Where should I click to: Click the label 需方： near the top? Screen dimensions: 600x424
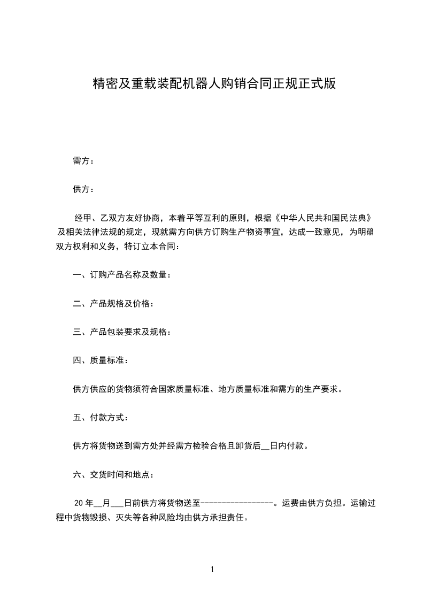pos(83,161)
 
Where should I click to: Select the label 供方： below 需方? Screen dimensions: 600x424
pos(83,189)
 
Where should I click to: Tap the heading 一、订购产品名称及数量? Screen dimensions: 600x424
pos(122,275)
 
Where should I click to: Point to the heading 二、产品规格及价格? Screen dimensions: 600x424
pos(113,304)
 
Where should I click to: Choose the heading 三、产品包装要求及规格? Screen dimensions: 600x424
pos(122,332)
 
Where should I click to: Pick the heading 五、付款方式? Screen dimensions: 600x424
pos(101,417)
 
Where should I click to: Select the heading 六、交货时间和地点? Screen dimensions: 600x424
pos(113,474)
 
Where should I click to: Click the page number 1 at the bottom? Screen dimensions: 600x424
pos(212,570)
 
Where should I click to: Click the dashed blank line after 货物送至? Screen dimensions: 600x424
pos(236,503)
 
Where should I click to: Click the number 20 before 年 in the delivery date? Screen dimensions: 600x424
pos(79,503)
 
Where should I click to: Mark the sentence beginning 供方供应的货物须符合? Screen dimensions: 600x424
pos(207,389)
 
